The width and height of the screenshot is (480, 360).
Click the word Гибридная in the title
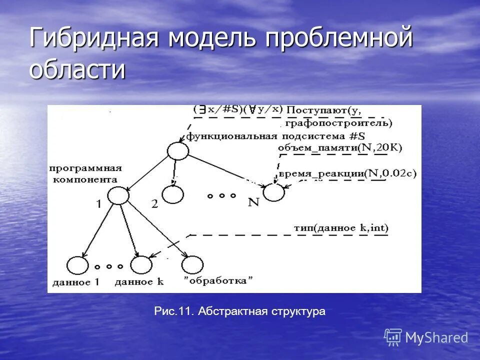95,39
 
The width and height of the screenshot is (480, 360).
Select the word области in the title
77,69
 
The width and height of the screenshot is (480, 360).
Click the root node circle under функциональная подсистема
178,150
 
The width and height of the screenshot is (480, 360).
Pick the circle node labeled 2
173,194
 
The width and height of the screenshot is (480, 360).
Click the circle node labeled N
273,192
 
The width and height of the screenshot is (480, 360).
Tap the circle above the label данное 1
77,265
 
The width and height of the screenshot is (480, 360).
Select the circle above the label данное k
141,264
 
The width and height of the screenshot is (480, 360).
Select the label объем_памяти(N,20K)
339,147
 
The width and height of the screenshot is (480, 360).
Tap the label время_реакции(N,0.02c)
347,173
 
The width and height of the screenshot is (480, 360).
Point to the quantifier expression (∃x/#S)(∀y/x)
238,109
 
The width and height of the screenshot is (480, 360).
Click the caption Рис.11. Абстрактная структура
239,311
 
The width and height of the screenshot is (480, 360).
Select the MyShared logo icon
393,337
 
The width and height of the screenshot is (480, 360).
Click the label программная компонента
85,173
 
